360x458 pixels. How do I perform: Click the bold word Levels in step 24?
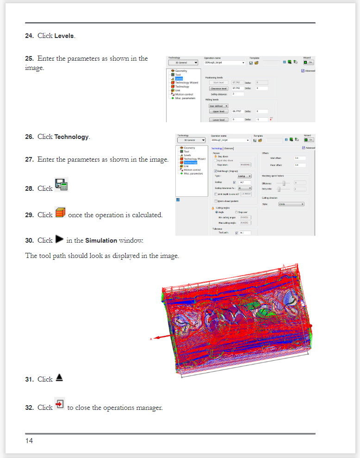click(x=64, y=36)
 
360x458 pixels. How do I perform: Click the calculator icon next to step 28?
click(x=61, y=184)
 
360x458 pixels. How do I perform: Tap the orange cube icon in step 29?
click(x=60, y=213)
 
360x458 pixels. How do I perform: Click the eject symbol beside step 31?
click(x=59, y=377)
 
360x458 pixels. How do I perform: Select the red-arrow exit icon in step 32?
click(x=60, y=404)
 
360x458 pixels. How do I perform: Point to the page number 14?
click(x=29, y=440)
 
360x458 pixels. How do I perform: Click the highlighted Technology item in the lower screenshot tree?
click(x=190, y=163)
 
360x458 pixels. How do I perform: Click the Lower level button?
click(x=218, y=119)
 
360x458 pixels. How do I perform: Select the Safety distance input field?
click(x=237, y=94)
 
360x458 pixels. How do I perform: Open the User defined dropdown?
click(x=218, y=106)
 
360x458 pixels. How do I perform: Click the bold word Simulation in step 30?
click(x=101, y=241)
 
